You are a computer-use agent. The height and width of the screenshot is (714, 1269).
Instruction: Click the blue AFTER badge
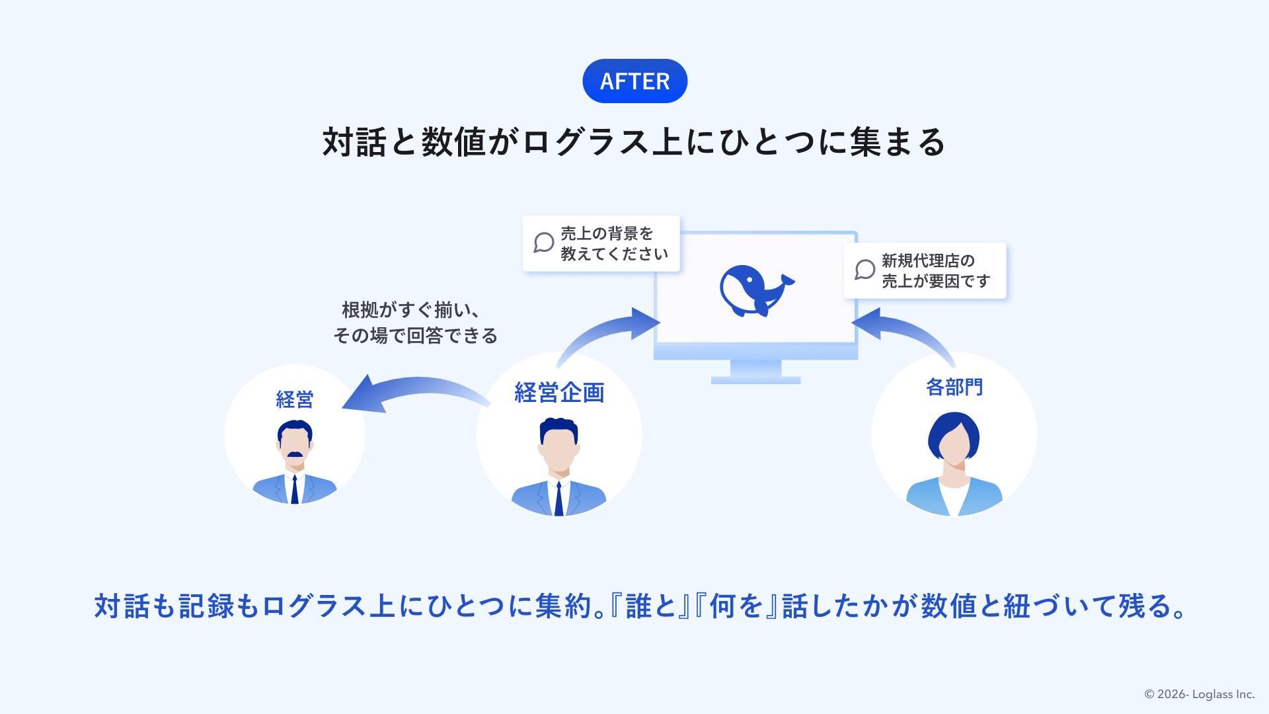(x=634, y=81)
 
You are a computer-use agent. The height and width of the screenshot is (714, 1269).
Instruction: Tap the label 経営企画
(x=559, y=393)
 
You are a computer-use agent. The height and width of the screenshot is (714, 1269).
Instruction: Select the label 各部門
(x=954, y=387)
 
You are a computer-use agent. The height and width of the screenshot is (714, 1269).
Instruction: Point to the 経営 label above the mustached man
(x=295, y=399)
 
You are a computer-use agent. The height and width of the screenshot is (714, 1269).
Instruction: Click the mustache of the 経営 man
(x=295, y=454)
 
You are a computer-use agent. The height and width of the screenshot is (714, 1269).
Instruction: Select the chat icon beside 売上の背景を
(x=544, y=243)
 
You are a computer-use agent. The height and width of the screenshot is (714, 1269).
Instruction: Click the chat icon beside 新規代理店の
(x=865, y=270)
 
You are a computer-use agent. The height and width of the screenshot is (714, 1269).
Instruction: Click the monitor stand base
(x=755, y=380)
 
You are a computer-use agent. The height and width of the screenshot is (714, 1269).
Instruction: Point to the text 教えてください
(x=615, y=254)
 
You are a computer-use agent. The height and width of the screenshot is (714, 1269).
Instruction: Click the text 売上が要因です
(x=936, y=281)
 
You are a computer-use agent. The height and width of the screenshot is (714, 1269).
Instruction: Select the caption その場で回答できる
(x=415, y=336)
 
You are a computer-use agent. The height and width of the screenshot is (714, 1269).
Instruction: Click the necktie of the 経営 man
(x=295, y=489)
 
